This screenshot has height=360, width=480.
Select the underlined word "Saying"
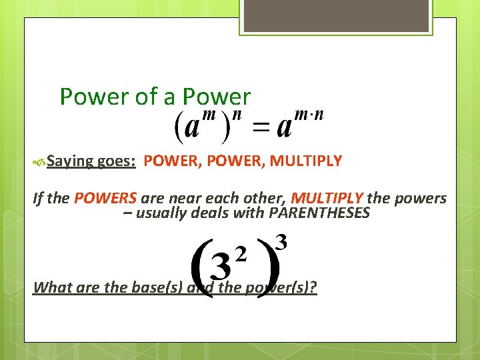(70, 161)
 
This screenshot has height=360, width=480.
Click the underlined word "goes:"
(117, 161)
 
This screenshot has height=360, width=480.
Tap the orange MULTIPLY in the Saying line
(306, 161)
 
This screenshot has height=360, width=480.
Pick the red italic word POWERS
(105, 199)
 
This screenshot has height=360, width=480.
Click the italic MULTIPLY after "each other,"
(327, 199)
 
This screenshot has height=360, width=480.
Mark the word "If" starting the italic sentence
(39, 199)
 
